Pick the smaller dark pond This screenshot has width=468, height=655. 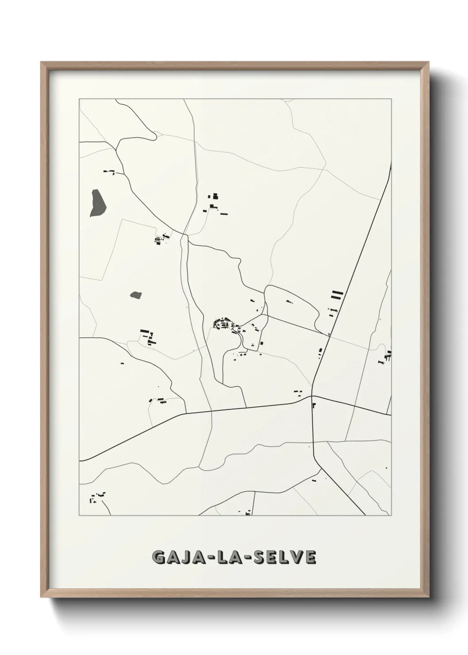coord(135,294)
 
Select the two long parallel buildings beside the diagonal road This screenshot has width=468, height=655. coord(337,295)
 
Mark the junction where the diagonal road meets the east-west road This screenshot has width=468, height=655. coord(312,396)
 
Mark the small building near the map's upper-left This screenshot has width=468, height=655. coord(109,172)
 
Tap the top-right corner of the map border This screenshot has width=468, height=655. coord(391,99)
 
